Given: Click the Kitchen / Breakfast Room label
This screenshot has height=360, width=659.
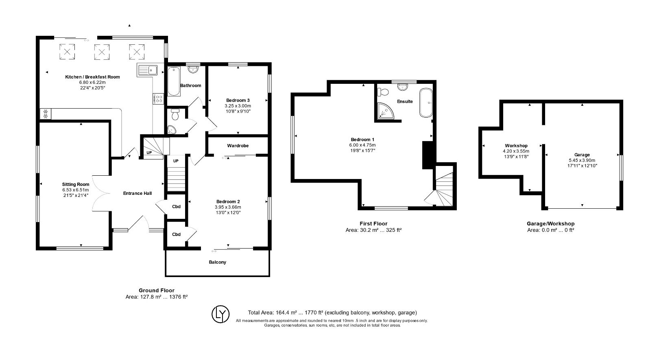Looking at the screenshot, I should tap(92, 76).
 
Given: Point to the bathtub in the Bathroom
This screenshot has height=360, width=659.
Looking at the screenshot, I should tap(174, 81).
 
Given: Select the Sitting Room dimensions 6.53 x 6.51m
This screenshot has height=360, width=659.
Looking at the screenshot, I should tap(75, 190).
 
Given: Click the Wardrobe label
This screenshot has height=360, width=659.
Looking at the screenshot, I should tap(238, 146).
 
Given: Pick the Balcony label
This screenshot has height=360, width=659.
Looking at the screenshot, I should tap(217, 262).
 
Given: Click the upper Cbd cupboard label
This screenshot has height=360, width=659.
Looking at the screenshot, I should tap(176, 207).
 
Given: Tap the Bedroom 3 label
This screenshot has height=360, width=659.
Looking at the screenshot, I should tap(238, 100).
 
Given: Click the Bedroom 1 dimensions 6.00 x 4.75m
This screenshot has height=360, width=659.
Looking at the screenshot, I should tap(362, 145).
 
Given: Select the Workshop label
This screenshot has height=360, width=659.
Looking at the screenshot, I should tap(516, 146).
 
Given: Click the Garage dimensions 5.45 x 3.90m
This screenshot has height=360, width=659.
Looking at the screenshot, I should tap(582, 160).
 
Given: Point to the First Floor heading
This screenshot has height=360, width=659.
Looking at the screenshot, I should tap(373, 224).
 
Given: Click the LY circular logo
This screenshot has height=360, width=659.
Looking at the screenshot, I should tap(220, 314).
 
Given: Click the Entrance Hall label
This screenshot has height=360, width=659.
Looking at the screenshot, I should tap(137, 193).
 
